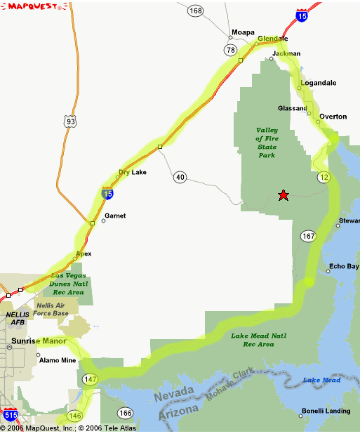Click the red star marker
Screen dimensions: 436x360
pyautogui.click(x=283, y=195)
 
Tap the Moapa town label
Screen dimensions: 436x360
pyautogui.click(x=242, y=33)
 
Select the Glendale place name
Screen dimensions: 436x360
pyautogui.click(x=273, y=39)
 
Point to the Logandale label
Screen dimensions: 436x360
pyautogui.click(x=318, y=83)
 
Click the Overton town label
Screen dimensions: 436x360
pyautogui.click(x=333, y=117)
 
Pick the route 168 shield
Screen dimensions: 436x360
pyautogui.click(x=195, y=11)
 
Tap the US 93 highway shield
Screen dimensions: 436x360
pyautogui.click(x=69, y=121)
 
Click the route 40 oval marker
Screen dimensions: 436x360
pyautogui.click(x=180, y=177)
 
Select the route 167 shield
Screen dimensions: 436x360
pyautogui.click(x=308, y=236)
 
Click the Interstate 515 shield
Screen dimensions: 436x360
pyautogui.click(x=10, y=415)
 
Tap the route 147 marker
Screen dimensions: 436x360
pyautogui.click(x=90, y=379)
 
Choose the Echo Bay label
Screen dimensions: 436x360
pyautogui.click(x=344, y=267)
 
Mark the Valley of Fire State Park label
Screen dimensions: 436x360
pyautogui.click(x=267, y=143)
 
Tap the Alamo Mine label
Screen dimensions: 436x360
pyautogui.click(x=58, y=360)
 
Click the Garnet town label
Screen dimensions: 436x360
pyautogui.click(x=115, y=216)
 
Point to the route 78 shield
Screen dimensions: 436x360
pyautogui.click(x=231, y=50)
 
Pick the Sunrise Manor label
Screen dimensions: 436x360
pyautogui.click(x=39, y=341)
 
